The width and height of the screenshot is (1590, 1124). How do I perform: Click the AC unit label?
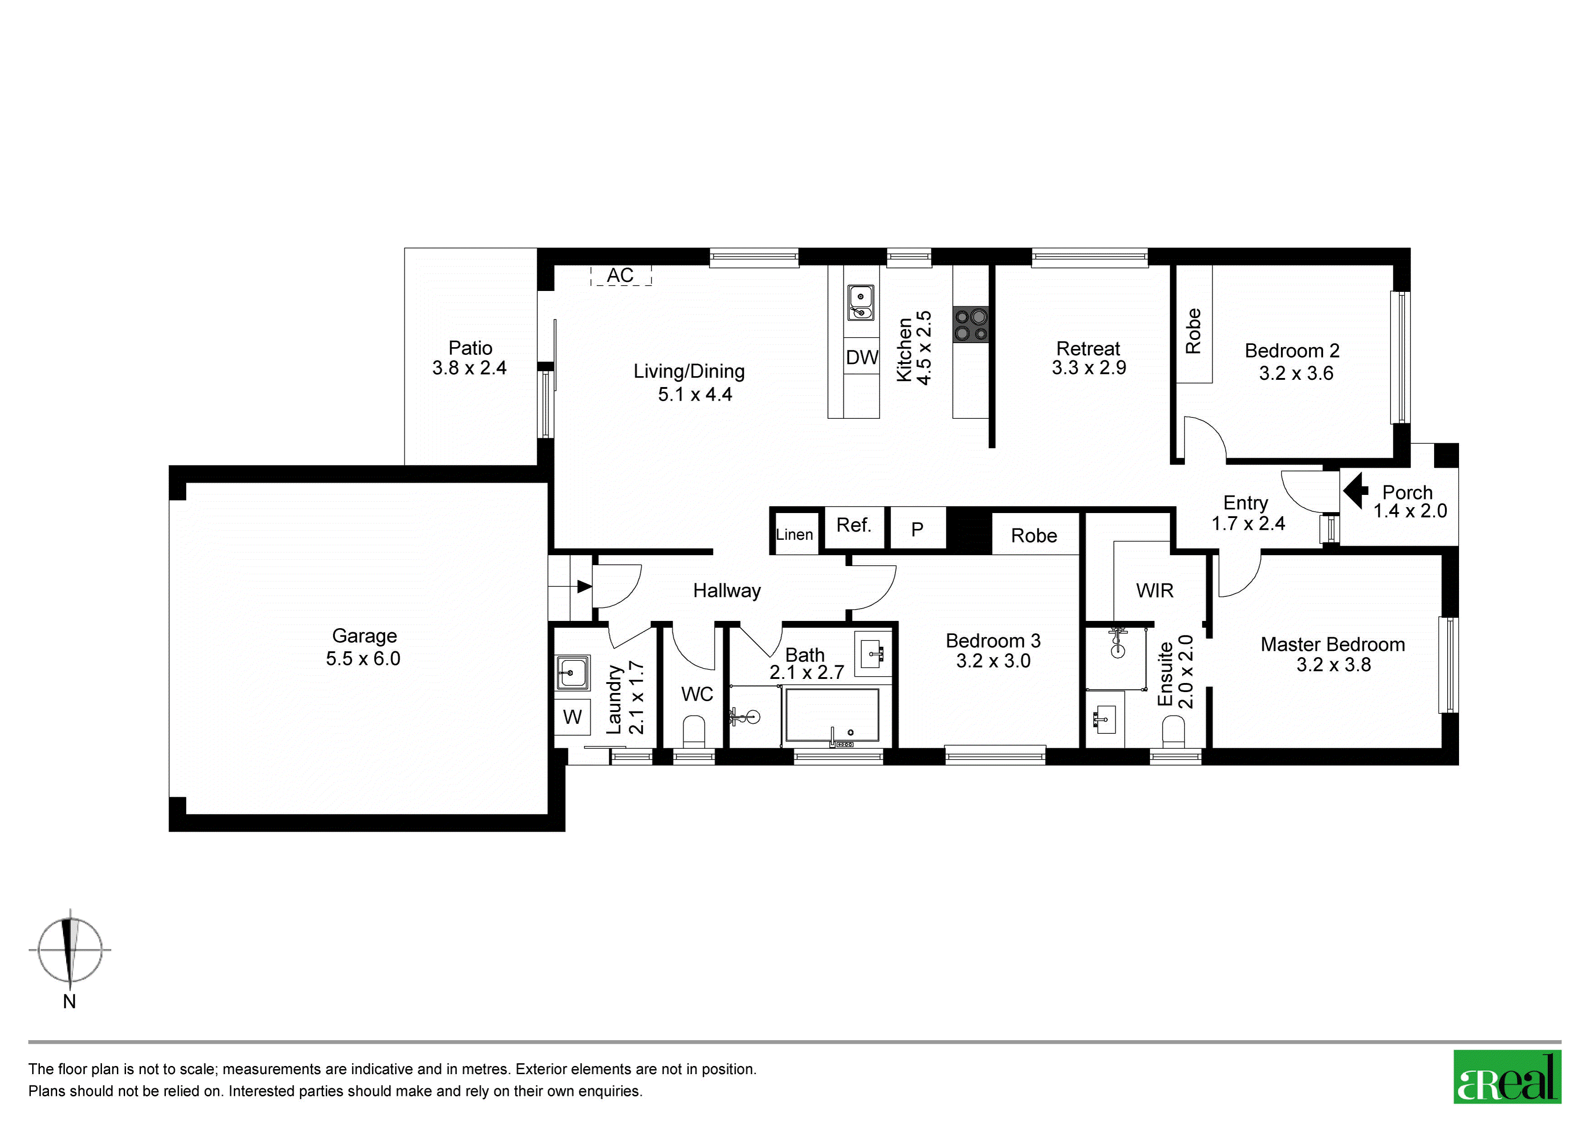click(x=620, y=276)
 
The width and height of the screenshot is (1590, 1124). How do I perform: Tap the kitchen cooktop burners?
click(x=971, y=325)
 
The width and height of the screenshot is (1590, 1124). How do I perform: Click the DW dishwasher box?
click(x=862, y=357)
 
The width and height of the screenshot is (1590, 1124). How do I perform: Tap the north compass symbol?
click(x=69, y=950)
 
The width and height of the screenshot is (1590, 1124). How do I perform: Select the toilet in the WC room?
click(x=694, y=732)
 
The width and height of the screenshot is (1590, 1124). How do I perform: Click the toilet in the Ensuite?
click(x=1173, y=732)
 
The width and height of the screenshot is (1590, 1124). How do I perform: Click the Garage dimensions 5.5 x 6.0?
click(x=364, y=659)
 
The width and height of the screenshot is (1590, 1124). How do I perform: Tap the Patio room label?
click(x=470, y=348)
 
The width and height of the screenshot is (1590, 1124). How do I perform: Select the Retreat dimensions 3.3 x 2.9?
click(x=1089, y=368)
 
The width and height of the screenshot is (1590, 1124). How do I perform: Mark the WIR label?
click(x=1155, y=591)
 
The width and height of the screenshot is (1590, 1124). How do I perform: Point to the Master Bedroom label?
click(x=1333, y=645)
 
